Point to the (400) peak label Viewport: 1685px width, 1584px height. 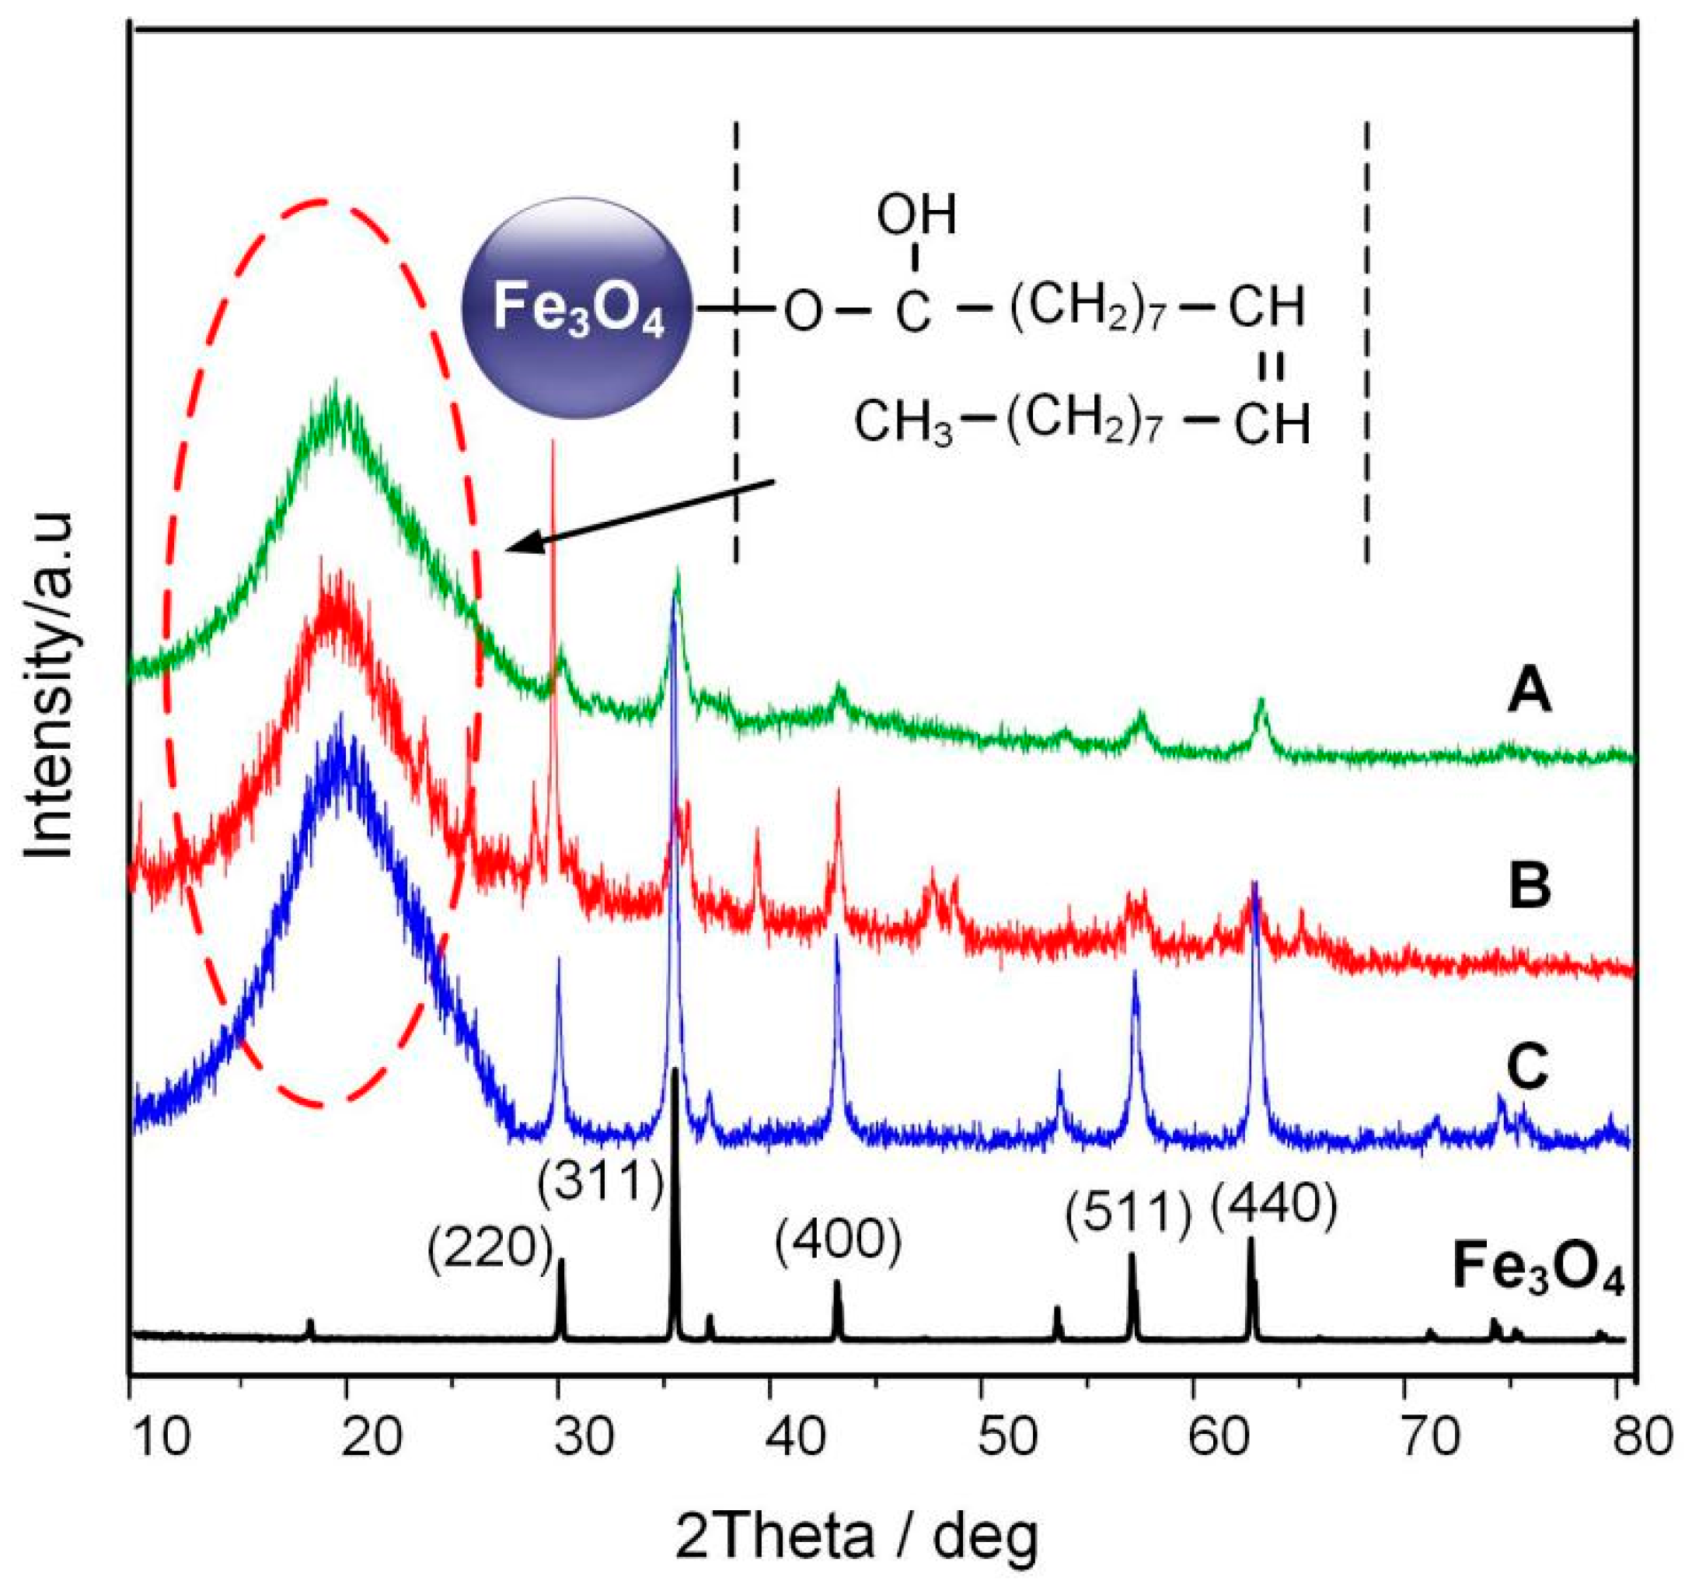click(x=837, y=1244)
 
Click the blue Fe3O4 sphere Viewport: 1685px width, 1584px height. click(x=577, y=311)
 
